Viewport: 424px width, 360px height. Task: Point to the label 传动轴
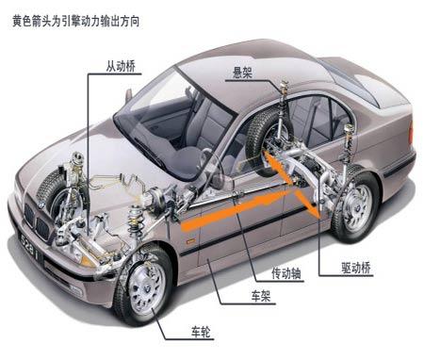tap(285, 274)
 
